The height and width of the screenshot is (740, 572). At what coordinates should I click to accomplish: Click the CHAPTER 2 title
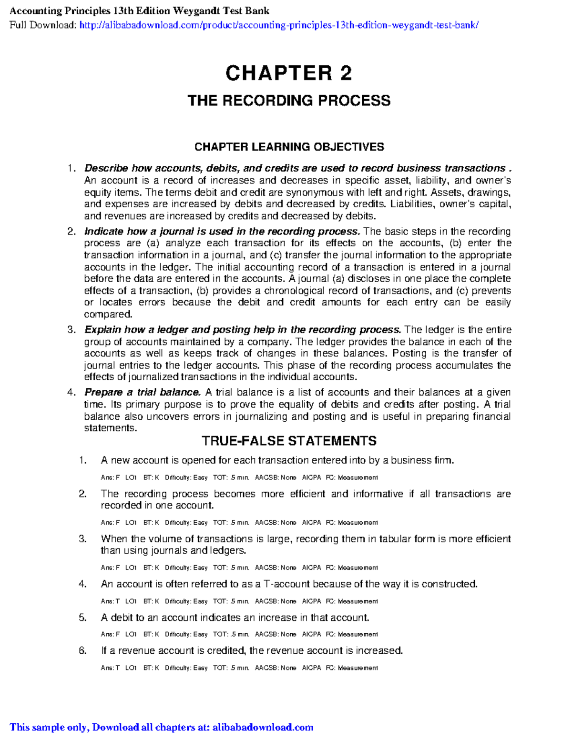tap(288, 73)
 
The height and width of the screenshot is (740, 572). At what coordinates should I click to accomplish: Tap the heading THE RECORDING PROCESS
tap(289, 101)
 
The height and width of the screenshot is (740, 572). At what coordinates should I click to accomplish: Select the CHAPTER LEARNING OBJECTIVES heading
tap(289, 147)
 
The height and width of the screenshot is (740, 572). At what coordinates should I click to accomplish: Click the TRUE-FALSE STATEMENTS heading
tap(289, 441)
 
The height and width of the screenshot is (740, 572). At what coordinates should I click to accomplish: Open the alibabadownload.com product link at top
tap(279, 25)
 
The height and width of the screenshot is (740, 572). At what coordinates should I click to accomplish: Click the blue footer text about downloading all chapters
tap(162, 727)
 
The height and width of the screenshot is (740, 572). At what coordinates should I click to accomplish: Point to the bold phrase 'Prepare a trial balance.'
tap(143, 393)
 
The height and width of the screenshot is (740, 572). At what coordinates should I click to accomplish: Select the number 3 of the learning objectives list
tap(71, 330)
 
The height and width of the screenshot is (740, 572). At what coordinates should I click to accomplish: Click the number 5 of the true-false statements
tap(82, 618)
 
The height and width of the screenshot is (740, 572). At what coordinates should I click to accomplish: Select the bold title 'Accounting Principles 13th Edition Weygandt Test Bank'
tap(139, 10)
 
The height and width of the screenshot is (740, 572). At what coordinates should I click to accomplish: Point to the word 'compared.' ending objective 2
tap(108, 314)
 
